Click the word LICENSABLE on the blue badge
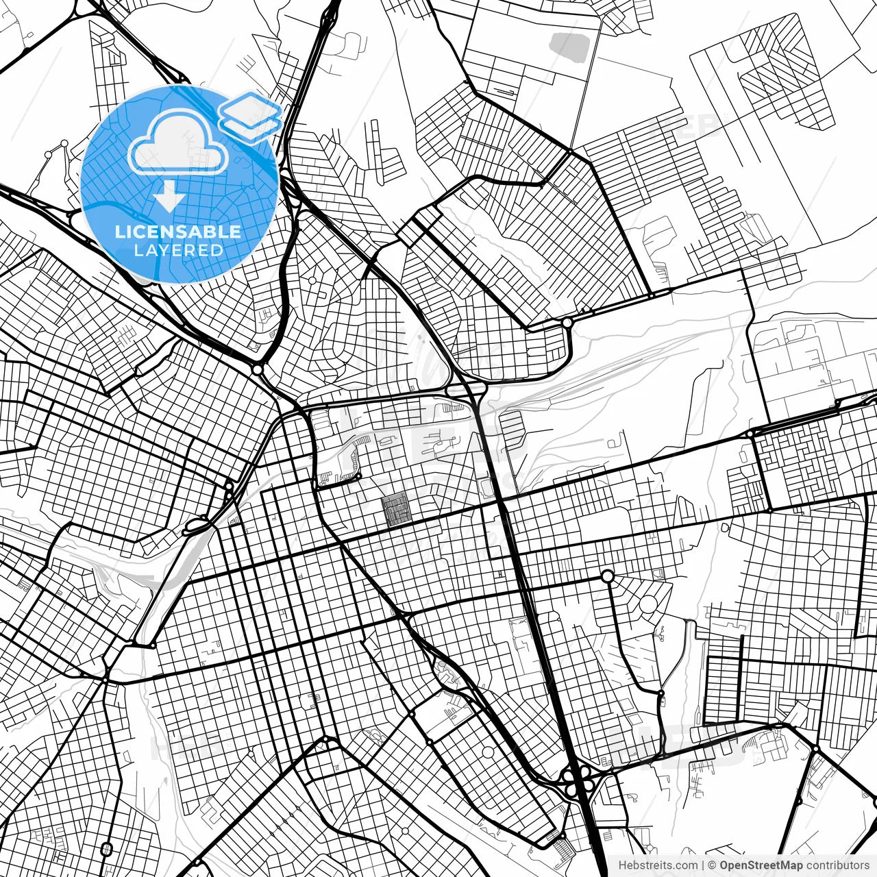tap(178, 232)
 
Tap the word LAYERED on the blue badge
tap(178, 250)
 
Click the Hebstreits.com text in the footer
tap(658, 865)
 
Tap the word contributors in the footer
tap(837, 865)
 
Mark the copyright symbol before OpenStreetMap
tap(713, 865)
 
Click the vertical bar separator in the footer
tap(704, 865)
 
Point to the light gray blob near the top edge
tap(569, 45)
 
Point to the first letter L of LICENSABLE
tap(119, 232)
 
